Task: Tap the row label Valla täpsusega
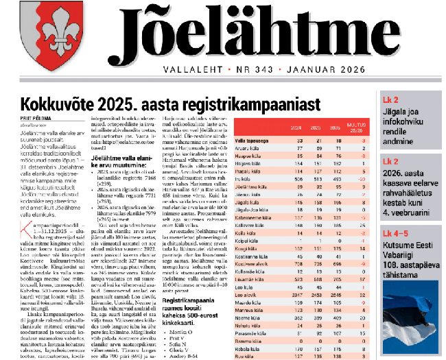click(272, 140)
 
